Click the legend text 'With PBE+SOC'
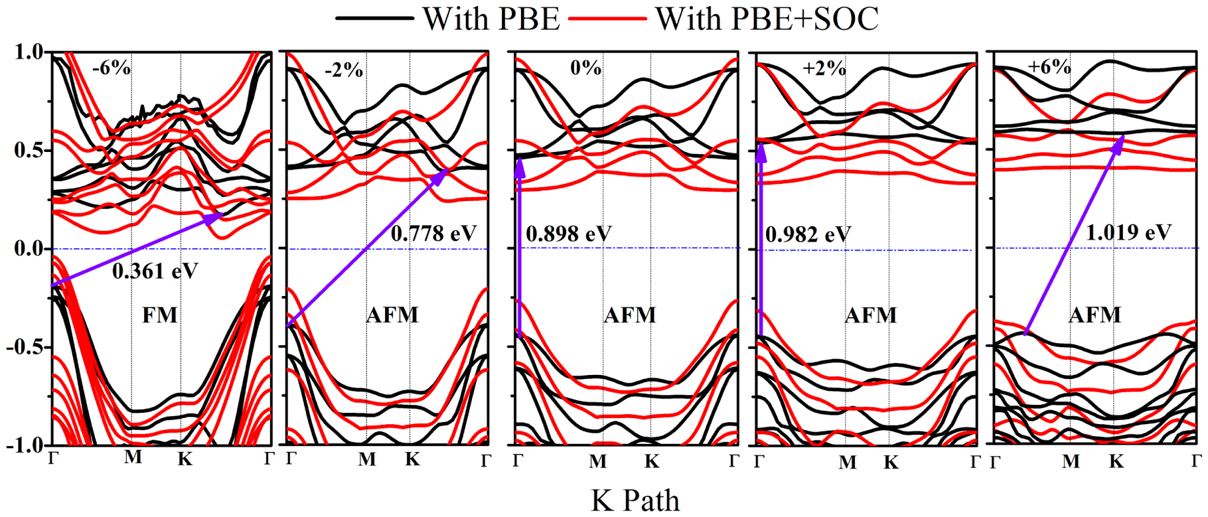coord(767,19)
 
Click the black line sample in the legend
coord(374,19)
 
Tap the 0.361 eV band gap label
coord(155,271)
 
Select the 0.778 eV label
coord(433,234)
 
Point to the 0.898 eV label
coord(568,234)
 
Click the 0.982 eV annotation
coord(808,234)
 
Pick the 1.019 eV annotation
coord(1128,233)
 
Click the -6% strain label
coord(111,68)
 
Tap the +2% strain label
coord(824,68)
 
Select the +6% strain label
coord(1049,67)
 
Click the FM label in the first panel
coord(160,315)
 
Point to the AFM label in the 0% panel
coord(629,315)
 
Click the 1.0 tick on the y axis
coord(28,52)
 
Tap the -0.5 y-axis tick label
coord(25,347)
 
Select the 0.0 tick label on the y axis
coord(28,249)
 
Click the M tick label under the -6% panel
coord(133,457)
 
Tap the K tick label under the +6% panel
coord(1116,461)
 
